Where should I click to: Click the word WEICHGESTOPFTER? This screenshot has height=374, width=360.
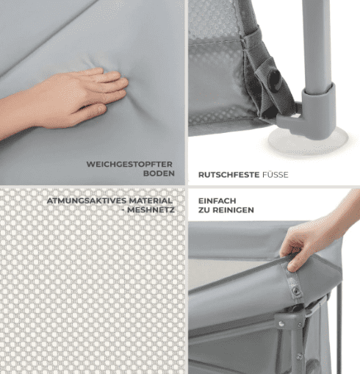[x=129, y=164]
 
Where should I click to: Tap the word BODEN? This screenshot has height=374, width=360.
[x=159, y=173]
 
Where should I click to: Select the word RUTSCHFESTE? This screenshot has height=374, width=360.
[x=228, y=175]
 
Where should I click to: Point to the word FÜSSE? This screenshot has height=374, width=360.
[x=276, y=175]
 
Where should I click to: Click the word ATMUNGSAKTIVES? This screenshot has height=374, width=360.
[x=87, y=201]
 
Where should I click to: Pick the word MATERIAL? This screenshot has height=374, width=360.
[x=151, y=201]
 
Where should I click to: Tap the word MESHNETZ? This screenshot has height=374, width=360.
[x=151, y=210]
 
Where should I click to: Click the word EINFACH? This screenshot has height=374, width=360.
[x=217, y=201]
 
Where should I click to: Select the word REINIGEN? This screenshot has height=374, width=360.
[x=233, y=210]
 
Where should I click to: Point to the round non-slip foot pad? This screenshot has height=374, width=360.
[x=308, y=141]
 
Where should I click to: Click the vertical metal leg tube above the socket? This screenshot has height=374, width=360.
[x=317, y=46]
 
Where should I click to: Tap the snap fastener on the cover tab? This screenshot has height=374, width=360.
[x=296, y=291]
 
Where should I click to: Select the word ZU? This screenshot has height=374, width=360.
[x=204, y=210]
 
